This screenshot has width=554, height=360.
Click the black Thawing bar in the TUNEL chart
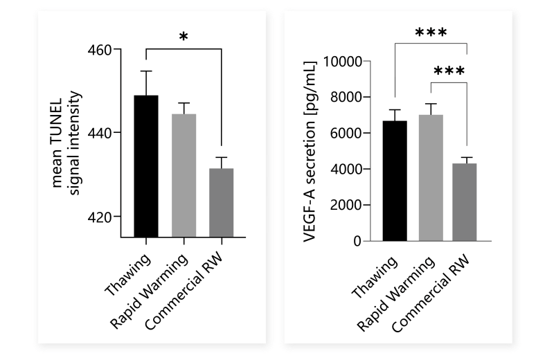click(146, 166)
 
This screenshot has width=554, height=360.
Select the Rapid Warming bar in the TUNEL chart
click(184, 176)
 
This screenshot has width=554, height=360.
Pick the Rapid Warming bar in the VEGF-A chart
click(431, 178)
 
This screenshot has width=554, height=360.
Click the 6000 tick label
click(357, 133)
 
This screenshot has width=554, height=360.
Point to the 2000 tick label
click(357, 205)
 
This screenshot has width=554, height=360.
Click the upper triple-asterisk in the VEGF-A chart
click(431, 33)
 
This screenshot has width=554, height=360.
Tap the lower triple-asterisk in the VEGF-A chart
click(449, 71)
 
